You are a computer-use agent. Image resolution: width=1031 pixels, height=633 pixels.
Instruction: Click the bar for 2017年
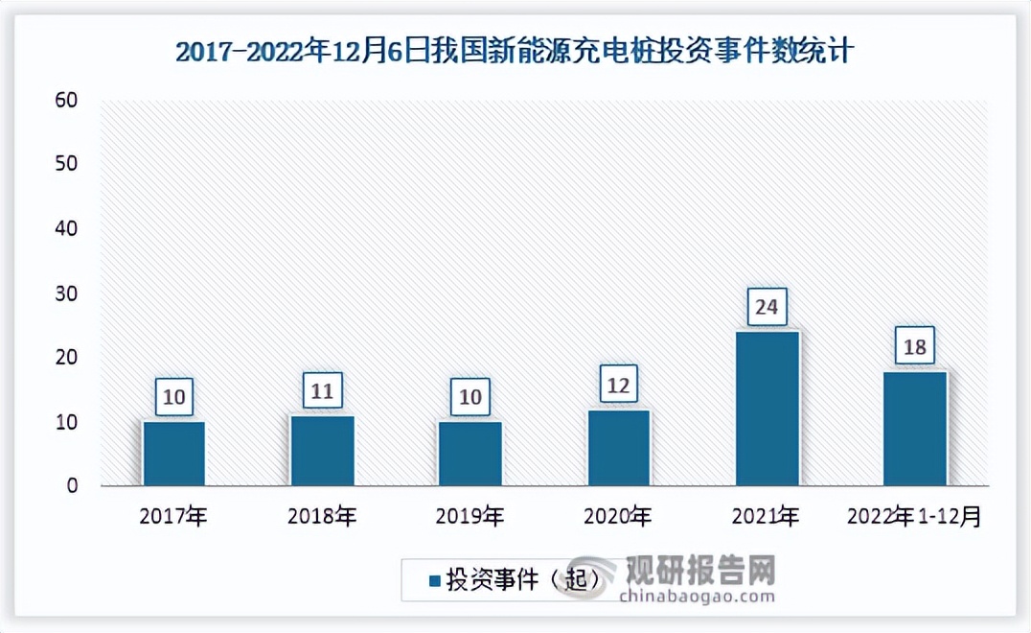click(173, 454)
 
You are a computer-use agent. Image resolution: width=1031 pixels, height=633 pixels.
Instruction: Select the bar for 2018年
click(322, 451)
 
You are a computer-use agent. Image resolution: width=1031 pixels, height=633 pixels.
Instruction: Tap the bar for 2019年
click(470, 454)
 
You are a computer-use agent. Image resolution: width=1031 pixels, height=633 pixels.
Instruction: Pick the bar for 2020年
click(618, 448)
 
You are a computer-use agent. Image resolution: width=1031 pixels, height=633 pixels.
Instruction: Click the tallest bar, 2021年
click(767, 409)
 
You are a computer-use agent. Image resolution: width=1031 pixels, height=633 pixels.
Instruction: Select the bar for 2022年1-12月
click(914, 429)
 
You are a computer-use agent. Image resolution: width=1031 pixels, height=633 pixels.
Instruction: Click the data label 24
click(767, 308)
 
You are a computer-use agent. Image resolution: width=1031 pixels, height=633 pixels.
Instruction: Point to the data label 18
click(914, 346)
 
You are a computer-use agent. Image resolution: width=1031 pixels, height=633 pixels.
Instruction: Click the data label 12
click(618, 386)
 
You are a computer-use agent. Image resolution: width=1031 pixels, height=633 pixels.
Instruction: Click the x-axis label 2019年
click(470, 517)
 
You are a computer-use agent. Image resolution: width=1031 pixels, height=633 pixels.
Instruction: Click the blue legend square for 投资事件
click(433, 580)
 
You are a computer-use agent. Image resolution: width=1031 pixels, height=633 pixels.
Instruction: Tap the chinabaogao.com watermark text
click(697, 597)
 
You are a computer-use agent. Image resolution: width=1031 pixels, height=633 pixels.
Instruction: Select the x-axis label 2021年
click(767, 517)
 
